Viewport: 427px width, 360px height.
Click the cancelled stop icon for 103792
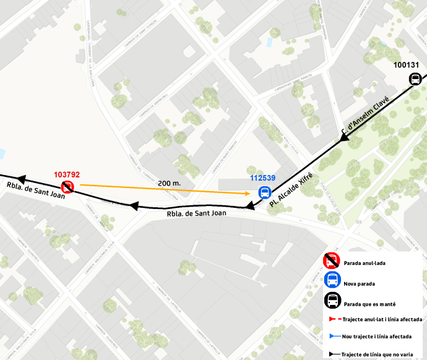67,186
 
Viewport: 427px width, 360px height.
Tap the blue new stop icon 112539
264,192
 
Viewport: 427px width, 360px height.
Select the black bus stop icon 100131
415,79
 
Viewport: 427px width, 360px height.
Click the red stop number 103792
67,175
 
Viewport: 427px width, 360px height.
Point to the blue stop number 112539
263,178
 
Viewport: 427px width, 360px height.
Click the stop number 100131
406,64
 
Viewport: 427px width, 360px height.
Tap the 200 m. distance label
170,183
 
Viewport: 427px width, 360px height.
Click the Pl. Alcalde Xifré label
291,189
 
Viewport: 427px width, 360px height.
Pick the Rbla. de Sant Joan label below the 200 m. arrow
196,213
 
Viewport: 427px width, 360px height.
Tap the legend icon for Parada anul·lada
332,262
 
